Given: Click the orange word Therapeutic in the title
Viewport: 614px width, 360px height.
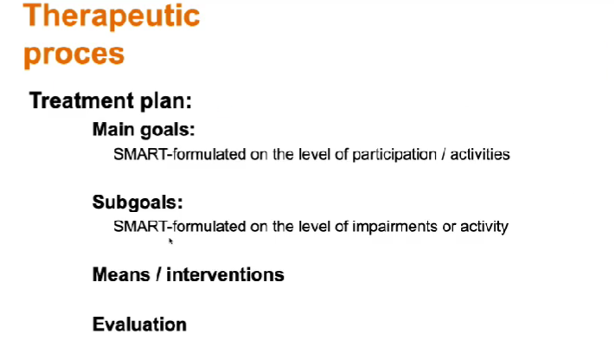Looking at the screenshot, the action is tap(112, 16).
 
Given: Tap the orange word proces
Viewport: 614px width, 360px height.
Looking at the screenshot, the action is tap(74, 55).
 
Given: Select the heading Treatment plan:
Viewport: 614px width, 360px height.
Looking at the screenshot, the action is tap(111, 100).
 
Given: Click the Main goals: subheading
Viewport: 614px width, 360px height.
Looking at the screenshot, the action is tap(144, 129).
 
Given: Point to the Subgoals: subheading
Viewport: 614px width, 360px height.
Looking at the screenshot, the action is tap(138, 202).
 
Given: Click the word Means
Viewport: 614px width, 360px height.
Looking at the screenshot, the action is tap(121, 274).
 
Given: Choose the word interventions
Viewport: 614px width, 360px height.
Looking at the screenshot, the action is tap(225, 274).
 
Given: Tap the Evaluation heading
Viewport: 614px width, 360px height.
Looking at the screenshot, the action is tap(139, 325).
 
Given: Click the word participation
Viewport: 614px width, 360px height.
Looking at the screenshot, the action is tap(394, 155).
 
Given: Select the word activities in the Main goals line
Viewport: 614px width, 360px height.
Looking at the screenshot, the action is tap(480, 154).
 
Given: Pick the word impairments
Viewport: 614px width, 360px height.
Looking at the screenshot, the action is tap(394, 227).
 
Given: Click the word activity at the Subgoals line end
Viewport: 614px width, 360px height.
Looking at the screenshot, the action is tap(484, 227).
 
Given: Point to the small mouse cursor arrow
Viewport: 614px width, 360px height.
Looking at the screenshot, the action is tap(170, 241).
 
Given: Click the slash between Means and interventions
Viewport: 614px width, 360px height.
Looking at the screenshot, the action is tap(158, 274).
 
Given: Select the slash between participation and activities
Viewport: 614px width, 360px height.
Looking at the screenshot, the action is tap(444, 154).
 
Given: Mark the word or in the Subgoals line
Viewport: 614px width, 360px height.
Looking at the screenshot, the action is tap(449, 228).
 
